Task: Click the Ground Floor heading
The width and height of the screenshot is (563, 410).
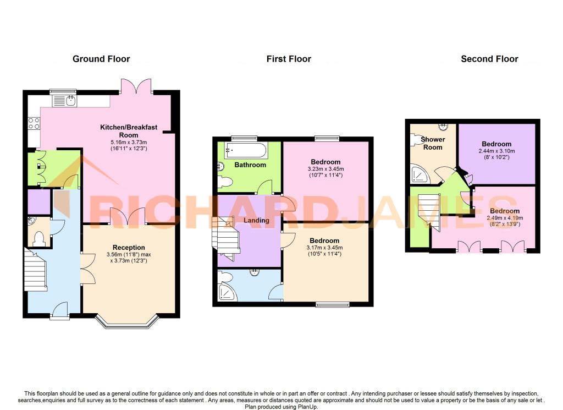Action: (x=101, y=59)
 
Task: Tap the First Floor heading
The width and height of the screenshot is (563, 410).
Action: (x=289, y=59)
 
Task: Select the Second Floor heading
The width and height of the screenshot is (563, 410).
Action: (x=489, y=59)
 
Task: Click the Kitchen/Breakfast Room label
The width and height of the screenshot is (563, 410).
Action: (x=128, y=131)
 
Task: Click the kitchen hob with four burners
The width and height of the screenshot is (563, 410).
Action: (x=34, y=123)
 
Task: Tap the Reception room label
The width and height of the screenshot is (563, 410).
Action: (x=129, y=248)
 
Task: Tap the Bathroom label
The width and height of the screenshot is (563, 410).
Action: (x=250, y=165)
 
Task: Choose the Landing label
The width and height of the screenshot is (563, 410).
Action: (x=256, y=221)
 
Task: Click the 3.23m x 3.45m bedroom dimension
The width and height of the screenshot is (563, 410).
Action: (x=325, y=169)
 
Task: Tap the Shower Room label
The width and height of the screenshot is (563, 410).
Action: (x=432, y=143)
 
